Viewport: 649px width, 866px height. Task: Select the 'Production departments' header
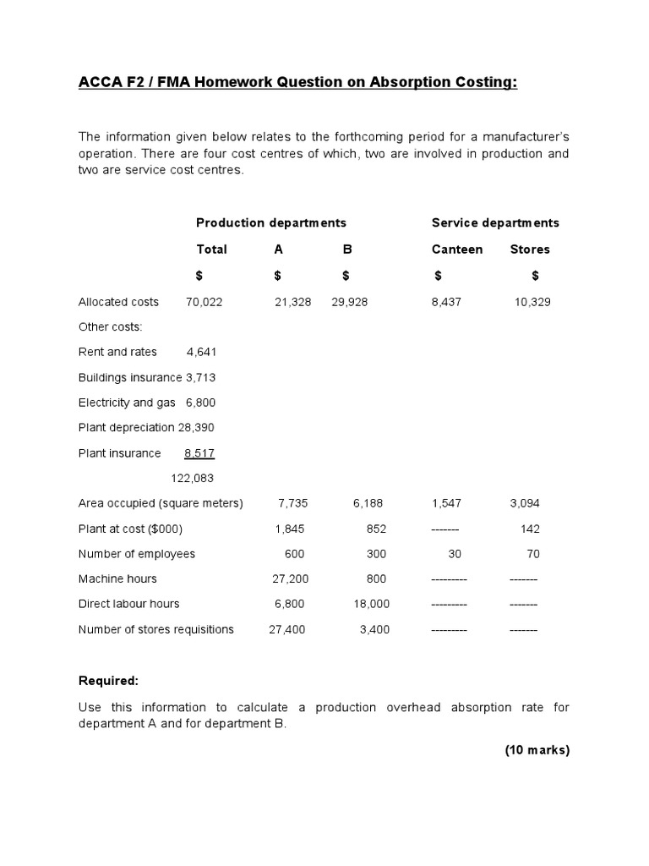coord(271,223)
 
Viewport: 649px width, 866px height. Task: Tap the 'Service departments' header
coord(495,223)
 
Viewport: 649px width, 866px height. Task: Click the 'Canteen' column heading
coord(457,249)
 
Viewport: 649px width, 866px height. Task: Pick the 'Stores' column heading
coord(530,249)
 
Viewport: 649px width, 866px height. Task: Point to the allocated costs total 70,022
coord(204,302)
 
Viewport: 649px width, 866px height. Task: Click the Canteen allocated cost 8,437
coord(446,302)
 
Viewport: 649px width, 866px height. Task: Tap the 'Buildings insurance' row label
coord(130,377)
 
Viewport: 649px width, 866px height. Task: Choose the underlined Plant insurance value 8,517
coord(199,453)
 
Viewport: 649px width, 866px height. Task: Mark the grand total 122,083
coord(192,478)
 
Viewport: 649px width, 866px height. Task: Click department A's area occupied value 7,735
coord(293,503)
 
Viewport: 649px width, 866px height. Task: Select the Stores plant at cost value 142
coord(530,529)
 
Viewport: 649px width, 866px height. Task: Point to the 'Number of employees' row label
coord(137,554)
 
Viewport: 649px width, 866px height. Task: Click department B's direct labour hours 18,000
coord(372,604)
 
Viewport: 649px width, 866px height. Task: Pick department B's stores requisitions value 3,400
coord(374,629)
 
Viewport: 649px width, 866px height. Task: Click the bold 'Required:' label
coord(108,681)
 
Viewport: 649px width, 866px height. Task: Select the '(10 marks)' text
coord(537,750)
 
